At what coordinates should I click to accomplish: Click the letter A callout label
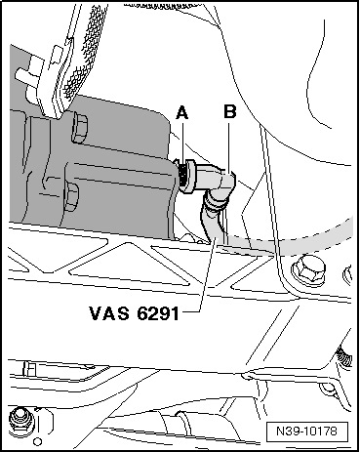coord(182,113)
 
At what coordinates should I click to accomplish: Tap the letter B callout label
coord(229,111)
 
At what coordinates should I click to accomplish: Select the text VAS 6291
coord(135,313)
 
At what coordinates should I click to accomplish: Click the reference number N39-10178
coord(306,431)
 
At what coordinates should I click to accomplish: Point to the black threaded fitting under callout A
coord(184,175)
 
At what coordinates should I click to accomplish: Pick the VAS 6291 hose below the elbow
coord(213,222)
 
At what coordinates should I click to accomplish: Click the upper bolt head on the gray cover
coord(79,128)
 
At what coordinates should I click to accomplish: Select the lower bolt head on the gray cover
coord(71,197)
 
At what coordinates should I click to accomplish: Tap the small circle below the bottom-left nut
coord(38,441)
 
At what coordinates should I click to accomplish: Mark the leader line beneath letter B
coord(228,146)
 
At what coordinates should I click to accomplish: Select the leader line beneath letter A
coord(182,144)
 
